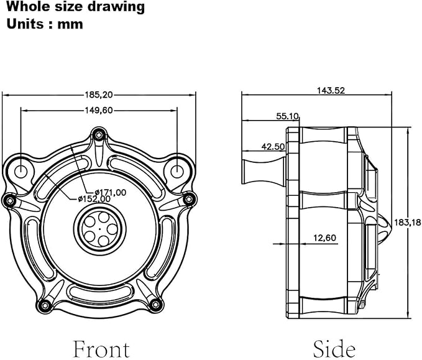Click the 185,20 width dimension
click(x=99, y=95)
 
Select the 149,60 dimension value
click(x=99, y=111)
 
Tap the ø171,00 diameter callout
click(x=111, y=192)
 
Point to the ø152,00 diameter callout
click(x=94, y=199)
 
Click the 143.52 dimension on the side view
click(x=331, y=91)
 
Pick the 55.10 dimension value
click(x=287, y=116)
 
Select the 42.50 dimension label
click(x=273, y=147)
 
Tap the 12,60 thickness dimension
click(x=325, y=238)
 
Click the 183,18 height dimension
click(x=408, y=223)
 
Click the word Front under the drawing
click(x=101, y=349)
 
